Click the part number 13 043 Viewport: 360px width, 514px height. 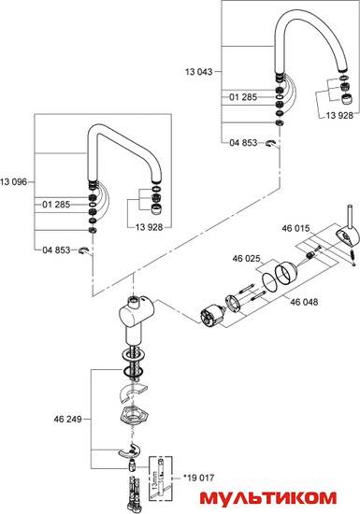click(x=198, y=72)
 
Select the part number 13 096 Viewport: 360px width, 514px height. click(x=13, y=182)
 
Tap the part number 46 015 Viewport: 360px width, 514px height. click(x=295, y=228)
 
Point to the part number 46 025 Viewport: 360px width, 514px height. click(x=246, y=259)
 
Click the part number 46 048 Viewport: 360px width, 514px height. click(x=304, y=302)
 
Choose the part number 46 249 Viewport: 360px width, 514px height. click(x=68, y=419)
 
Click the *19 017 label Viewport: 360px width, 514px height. click(x=198, y=478)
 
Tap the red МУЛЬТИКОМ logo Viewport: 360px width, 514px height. click(x=268, y=498)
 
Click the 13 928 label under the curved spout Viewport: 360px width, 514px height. click(x=339, y=115)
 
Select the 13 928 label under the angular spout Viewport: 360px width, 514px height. click(x=150, y=227)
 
